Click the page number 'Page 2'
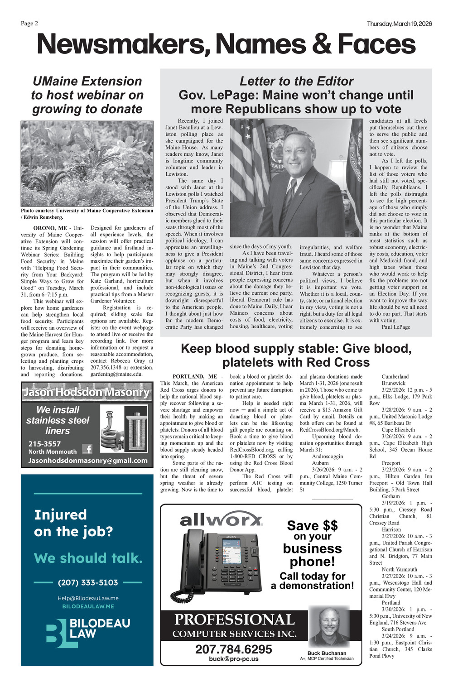point(29,24)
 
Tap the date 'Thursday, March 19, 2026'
point(399,24)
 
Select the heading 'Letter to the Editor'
point(296,81)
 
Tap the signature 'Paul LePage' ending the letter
point(395,327)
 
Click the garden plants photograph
point(87,163)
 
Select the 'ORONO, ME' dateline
point(50,228)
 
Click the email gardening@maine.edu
point(116,374)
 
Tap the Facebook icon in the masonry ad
point(87,449)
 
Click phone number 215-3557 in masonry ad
point(44,444)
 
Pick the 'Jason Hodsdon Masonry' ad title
point(87,392)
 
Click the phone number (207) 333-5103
point(88,582)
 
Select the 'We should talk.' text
point(88,558)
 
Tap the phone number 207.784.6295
point(234,649)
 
